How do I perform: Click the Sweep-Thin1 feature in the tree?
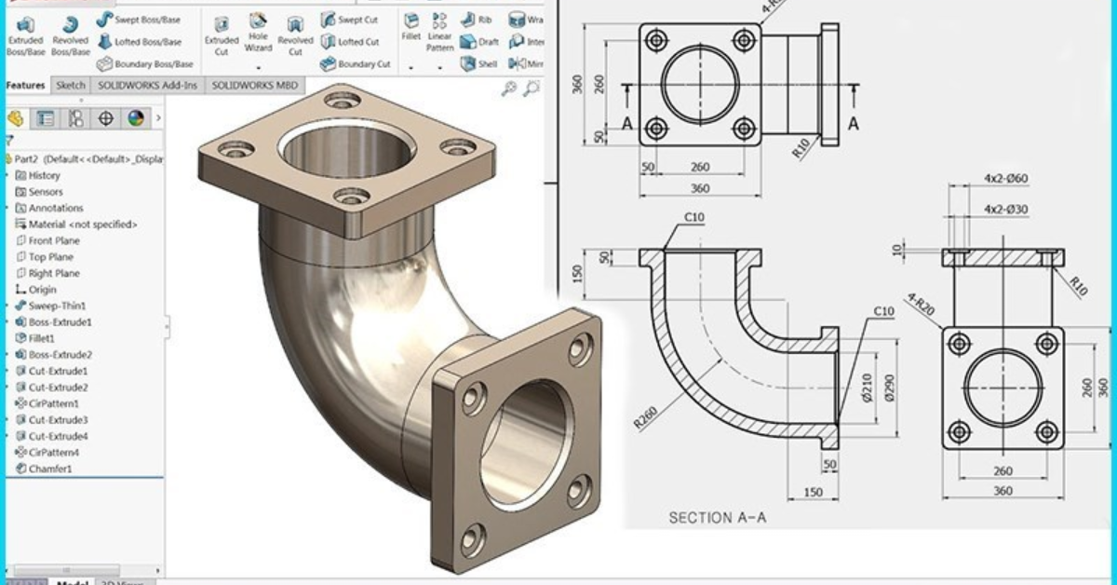pyautogui.click(x=56, y=306)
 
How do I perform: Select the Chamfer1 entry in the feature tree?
pyautogui.click(x=49, y=469)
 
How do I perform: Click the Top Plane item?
pyautogui.click(x=50, y=257)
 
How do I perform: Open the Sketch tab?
pyautogui.click(x=71, y=85)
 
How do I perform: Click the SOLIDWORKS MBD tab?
pyautogui.click(x=255, y=85)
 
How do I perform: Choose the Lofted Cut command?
pyautogui.click(x=357, y=42)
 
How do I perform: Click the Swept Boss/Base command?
pyautogui.click(x=147, y=20)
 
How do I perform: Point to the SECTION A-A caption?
pyautogui.click(x=717, y=518)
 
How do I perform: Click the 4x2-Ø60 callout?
pyautogui.click(x=1005, y=178)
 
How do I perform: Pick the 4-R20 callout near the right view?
pyautogui.click(x=921, y=306)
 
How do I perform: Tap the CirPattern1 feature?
pyautogui.click(x=53, y=403)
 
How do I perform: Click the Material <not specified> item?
pyautogui.click(x=82, y=224)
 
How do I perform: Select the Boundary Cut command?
pyautogui.click(x=363, y=64)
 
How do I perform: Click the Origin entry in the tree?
pyautogui.click(x=42, y=290)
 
